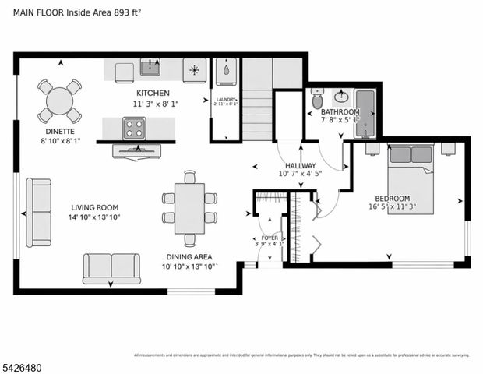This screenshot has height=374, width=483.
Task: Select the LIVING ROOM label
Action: (x=94, y=207)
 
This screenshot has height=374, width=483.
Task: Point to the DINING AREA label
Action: (x=189, y=257)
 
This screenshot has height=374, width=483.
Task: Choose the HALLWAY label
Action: (x=300, y=166)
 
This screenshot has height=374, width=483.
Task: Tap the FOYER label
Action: (x=269, y=238)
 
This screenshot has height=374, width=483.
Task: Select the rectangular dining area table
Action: (x=189, y=208)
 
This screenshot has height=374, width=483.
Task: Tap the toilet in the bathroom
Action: (x=317, y=100)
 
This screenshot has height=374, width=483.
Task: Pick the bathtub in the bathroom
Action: (x=365, y=114)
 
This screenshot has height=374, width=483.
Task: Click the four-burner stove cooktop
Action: (x=134, y=127)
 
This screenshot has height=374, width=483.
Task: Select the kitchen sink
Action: (x=150, y=69)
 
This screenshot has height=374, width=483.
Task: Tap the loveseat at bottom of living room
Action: (x=111, y=267)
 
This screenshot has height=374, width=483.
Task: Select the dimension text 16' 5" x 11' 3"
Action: (x=392, y=207)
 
